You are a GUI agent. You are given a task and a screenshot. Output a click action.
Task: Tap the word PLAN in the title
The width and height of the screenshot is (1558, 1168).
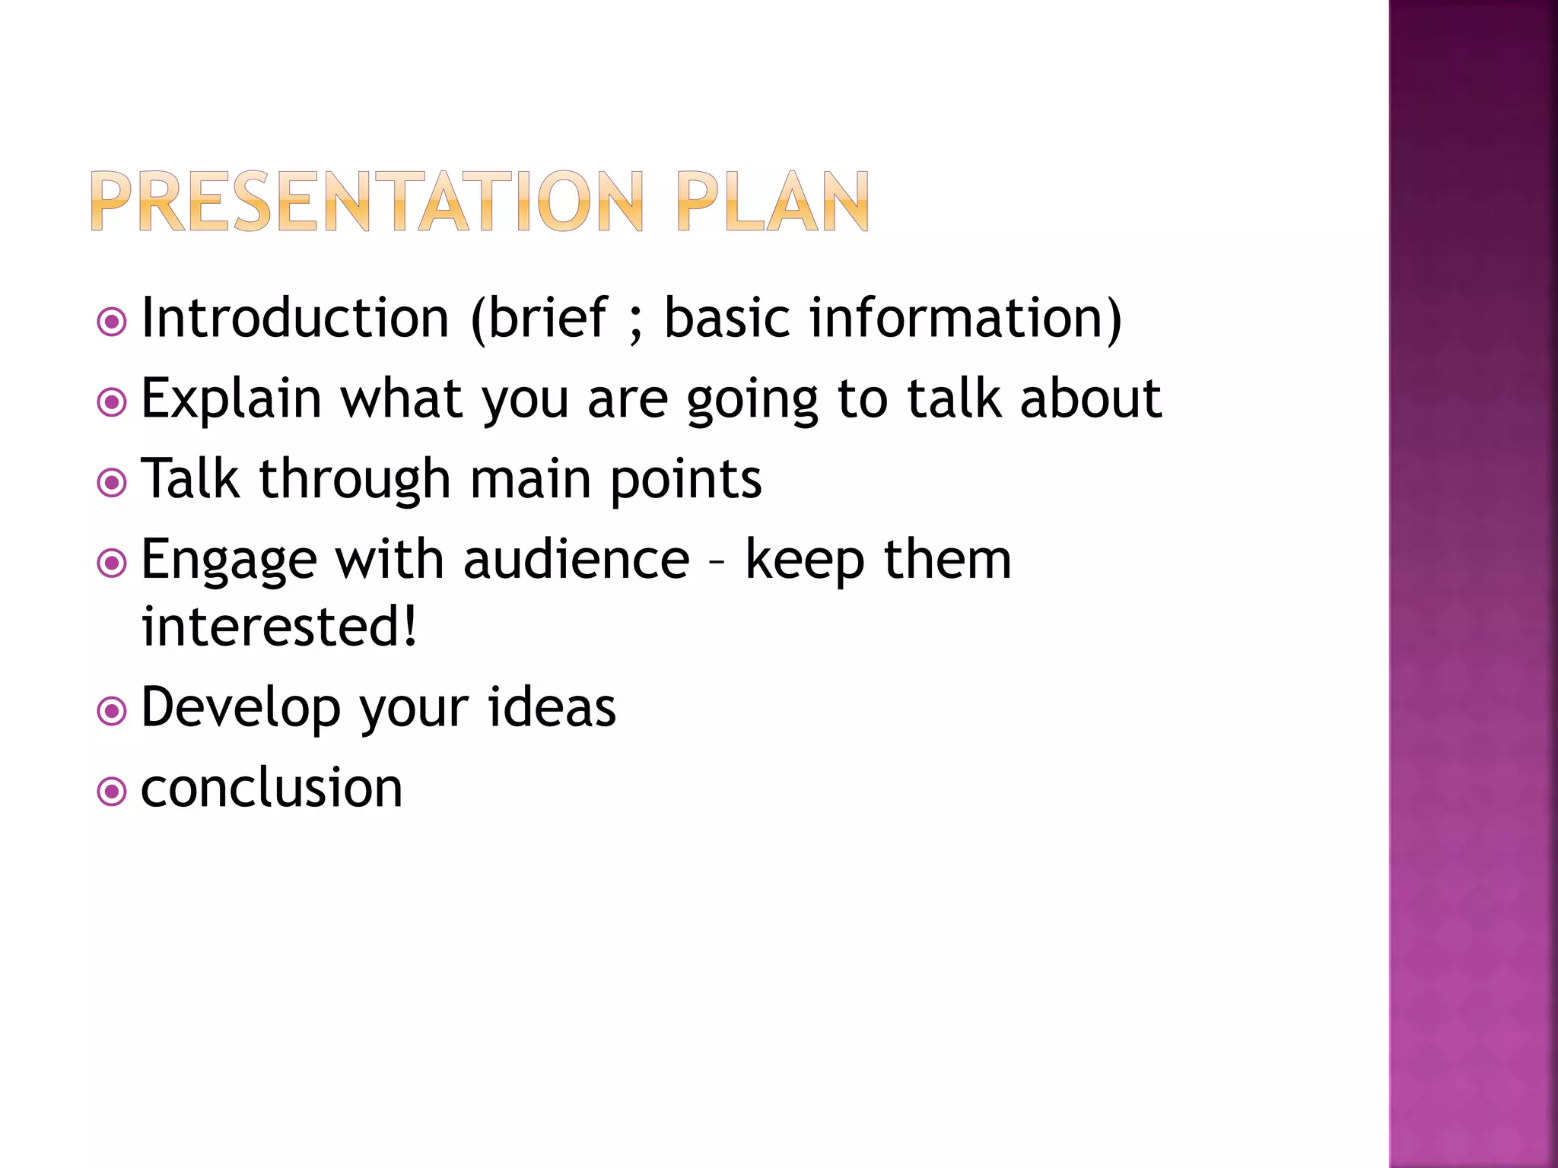pyautogui.click(x=772, y=202)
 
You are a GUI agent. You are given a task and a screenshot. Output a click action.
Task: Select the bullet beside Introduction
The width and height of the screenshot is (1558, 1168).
pyautogui.click(x=112, y=322)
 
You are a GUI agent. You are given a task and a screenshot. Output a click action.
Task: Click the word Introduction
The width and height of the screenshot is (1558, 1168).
pyautogui.click(x=295, y=318)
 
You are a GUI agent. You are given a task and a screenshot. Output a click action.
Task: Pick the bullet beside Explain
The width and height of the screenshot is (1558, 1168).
pyautogui.click(x=112, y=402)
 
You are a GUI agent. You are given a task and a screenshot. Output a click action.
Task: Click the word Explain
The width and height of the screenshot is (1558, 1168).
pyautogui.click(x=231, y=399)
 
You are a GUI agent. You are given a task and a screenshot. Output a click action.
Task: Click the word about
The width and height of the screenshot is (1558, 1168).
pyautogui.click(x=1090, y=398)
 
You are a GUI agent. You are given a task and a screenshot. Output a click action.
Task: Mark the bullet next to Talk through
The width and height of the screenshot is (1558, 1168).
pyautogui.click(x=112, y=483)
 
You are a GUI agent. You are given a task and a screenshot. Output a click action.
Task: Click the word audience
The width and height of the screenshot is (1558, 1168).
pyautogui.click(x=576, y=560)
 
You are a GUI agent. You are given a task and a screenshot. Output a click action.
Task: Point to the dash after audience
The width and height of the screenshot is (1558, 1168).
pyautogui.click(x=717, y=563)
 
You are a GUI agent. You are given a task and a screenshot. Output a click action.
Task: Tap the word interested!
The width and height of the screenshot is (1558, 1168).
pyautogui.click(x=279, y=627)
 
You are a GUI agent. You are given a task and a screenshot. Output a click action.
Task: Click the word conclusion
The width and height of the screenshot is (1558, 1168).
pyautogui.click(x=272, y=788)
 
